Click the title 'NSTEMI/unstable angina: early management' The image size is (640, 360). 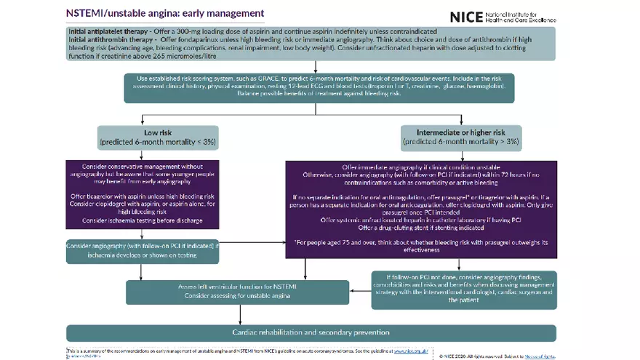(165, 14)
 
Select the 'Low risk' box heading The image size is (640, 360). (157, 133)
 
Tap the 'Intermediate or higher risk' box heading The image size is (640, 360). (461, 133)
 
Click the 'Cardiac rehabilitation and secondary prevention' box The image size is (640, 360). (311, 332)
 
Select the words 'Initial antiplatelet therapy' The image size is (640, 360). (107, 33)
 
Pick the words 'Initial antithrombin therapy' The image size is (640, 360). (108, 40)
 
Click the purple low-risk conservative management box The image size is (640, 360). (138, 193)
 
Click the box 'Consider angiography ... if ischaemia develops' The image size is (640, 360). (142, 251)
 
